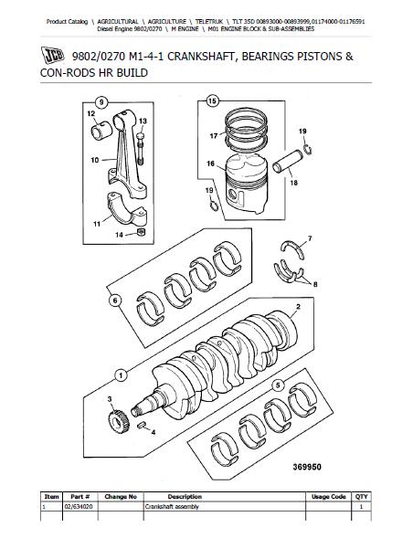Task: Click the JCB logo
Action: [x=52, y=55]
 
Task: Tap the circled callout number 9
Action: [x=101, y=102]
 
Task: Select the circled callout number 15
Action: [x=212, y=100]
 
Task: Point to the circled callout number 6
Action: [x=115, y=301]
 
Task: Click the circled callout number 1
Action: [x=121, y=375]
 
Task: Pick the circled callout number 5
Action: [x=278, y=385]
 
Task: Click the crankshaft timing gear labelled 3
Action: [x=119, y=422]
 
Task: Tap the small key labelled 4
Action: [x=141, y=426]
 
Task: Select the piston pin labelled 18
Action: [x=288, y=162]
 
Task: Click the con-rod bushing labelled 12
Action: [x=101, y=131]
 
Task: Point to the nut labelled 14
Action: [x=141, y=232]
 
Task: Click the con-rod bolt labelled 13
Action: [x=141, y=148]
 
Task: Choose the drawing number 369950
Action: [x=307, y=467]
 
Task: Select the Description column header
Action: [x=185, y=497]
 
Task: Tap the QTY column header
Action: [x=361, y=497]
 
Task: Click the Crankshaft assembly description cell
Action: [x=172, y=506]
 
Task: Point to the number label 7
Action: [x=310, y=238]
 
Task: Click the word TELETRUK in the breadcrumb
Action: [x=208, y=22]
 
